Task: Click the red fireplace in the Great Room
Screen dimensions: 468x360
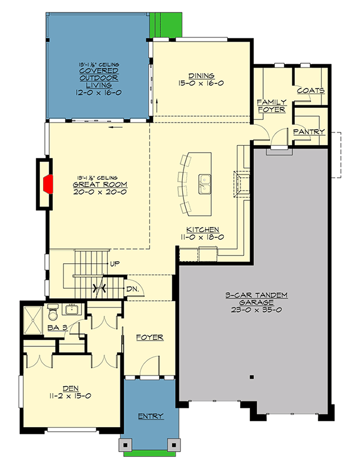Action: point(48,185)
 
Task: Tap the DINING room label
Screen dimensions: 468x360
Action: point(202,75)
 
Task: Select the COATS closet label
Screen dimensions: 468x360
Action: point(310,91)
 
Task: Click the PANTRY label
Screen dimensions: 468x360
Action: point(309,132)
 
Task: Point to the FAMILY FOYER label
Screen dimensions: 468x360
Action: point(272,106)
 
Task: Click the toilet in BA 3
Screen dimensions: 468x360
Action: point(53,313)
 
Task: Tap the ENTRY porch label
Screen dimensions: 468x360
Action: point(151,416)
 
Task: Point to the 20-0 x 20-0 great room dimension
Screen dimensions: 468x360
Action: point(99,192)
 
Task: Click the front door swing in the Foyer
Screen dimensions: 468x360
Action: point(146,366)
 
